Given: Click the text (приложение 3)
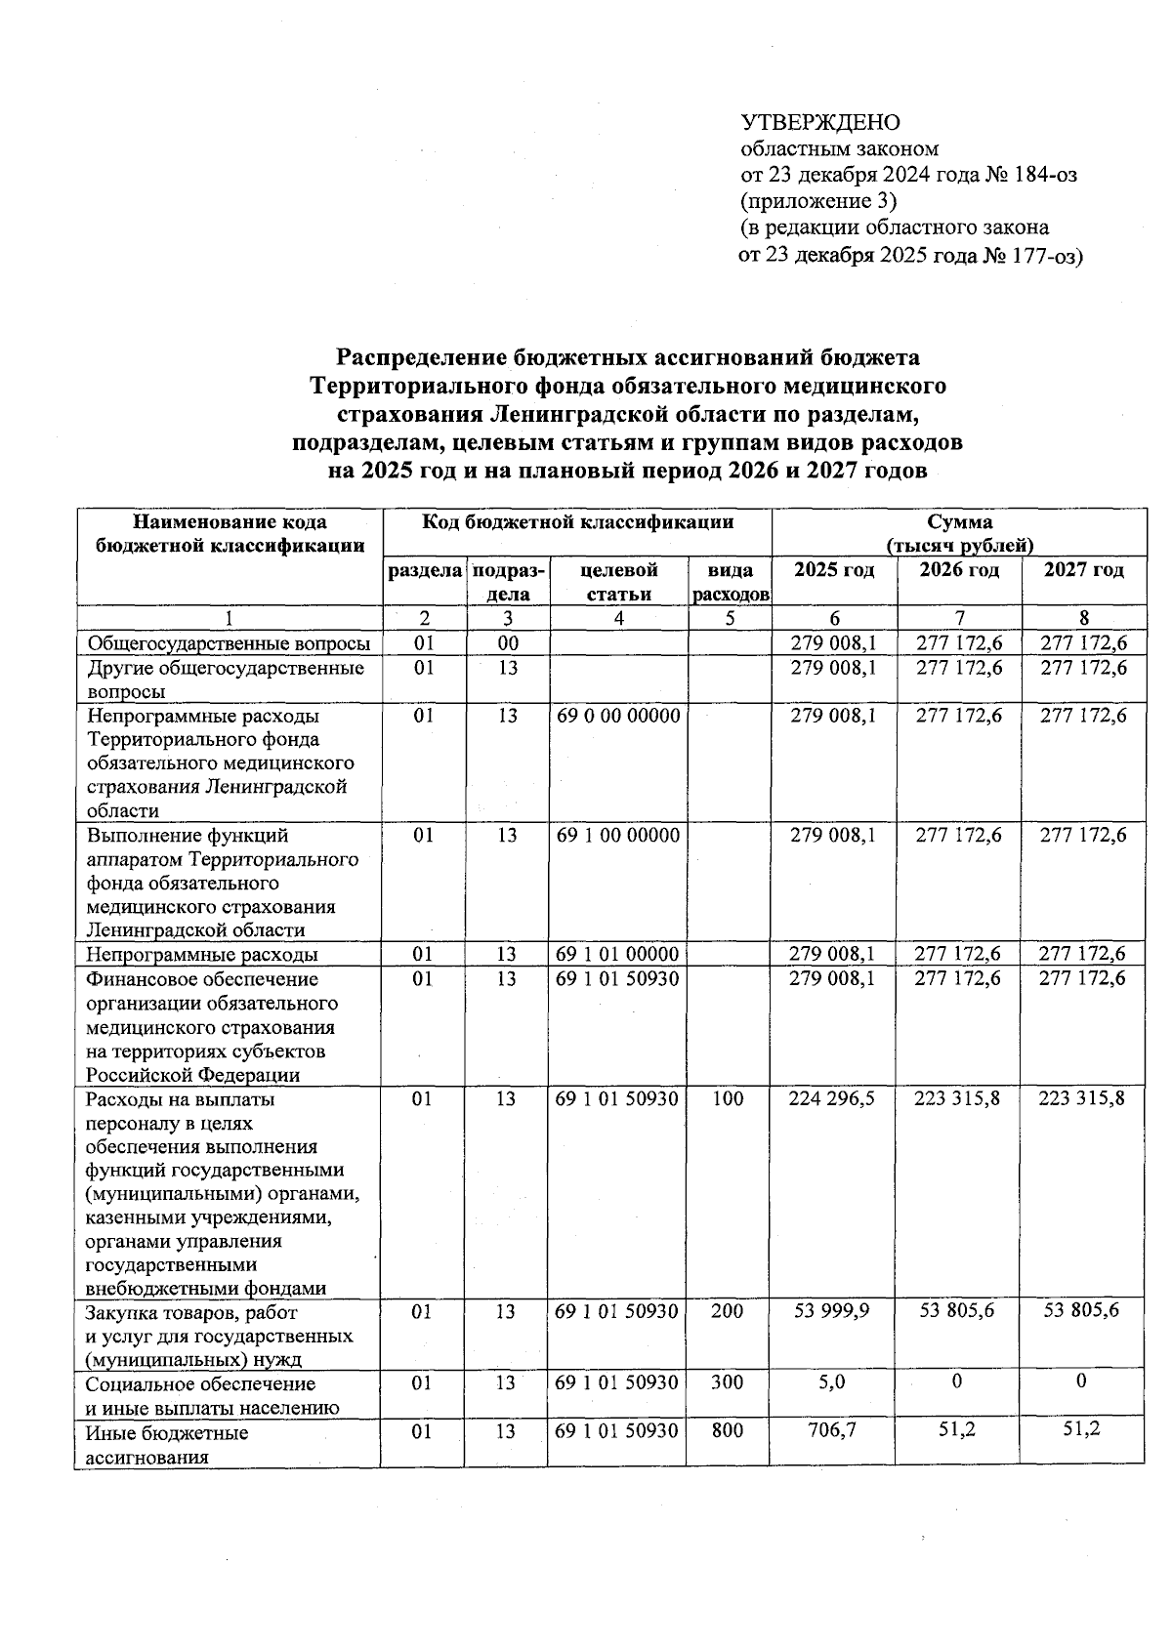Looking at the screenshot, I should (818, 201).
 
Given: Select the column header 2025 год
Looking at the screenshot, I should (833, 570).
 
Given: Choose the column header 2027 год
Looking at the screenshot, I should (1083, 570).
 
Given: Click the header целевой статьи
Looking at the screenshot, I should (618, 582).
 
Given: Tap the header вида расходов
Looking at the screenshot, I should (729, 582).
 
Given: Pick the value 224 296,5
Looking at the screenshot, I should (832, 1099).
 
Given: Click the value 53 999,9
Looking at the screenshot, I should (832, 1311).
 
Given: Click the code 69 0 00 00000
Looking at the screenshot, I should (617, 716).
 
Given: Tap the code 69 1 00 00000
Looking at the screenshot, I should (617, 836).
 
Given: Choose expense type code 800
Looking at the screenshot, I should (727, 1431).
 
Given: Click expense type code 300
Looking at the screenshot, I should (727, 1382).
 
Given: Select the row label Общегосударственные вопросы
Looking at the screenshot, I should (229, 643).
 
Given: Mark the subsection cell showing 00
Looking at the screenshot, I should (507, 643).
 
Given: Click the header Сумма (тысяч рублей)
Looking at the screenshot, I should (959, 533).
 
